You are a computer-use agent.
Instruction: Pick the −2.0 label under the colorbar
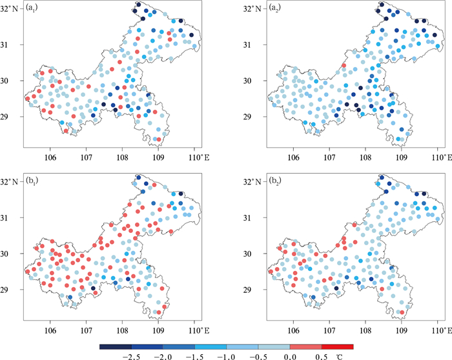point(163,355)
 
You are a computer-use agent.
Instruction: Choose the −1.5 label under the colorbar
point(194,355)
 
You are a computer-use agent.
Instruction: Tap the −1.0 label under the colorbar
point(227,355)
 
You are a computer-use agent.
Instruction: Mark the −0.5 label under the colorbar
point(258,355)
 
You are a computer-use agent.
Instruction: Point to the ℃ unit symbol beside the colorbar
point(340,355)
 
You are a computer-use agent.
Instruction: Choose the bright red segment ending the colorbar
point(337,346)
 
